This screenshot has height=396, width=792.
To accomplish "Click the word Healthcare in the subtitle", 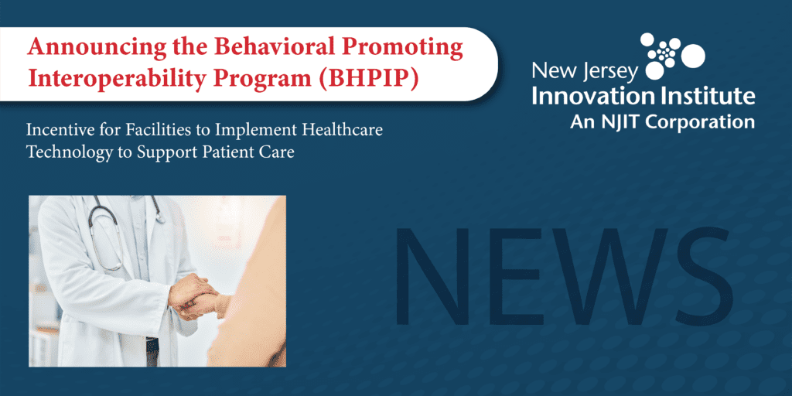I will [x=341, y=131].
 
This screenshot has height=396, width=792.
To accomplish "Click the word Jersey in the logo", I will [x=607, y=72].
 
